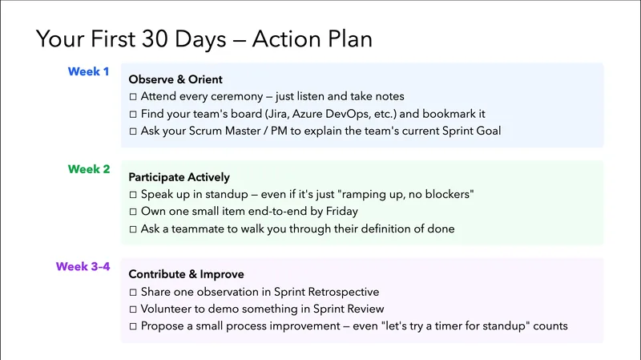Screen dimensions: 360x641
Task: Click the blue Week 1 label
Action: click(x=89, y=72)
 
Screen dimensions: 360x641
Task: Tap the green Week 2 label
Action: click(x=89, y=169)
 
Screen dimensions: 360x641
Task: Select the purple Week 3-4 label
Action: click(x=83, y=267)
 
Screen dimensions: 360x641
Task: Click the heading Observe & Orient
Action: click(x=175, y=79)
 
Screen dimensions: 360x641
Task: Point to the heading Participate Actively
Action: click(x=179, y=177)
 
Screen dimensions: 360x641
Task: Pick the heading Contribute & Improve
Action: click(x=186, y=274)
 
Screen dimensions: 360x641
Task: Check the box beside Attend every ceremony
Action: click(x=133, y=96)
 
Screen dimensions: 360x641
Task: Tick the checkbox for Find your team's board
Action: click(x=133, y=114)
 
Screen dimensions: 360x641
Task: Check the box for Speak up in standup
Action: click(x=133, y=195)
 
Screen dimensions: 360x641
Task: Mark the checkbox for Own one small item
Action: click(x=133, y=212)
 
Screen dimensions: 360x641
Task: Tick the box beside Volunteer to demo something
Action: click(x=133, y=309)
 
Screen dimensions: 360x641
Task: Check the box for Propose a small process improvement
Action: click(x=133, y=326)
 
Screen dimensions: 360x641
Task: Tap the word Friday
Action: click(x=341, y=212)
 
